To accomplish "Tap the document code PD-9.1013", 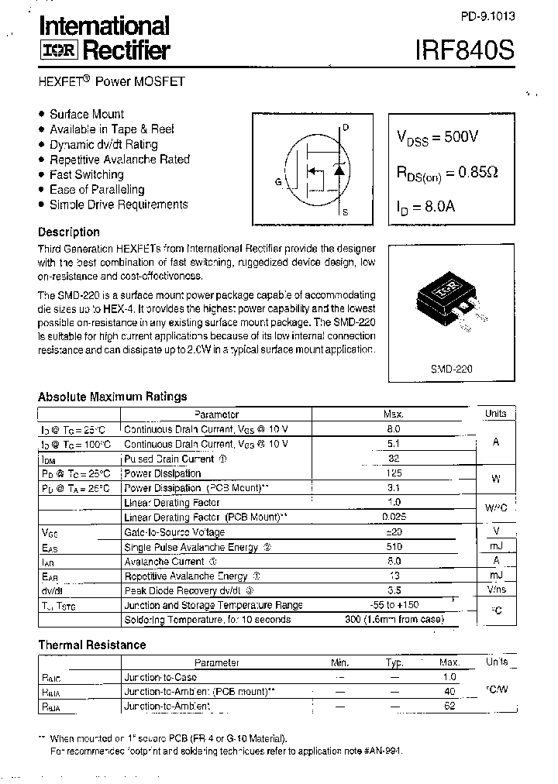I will tap(487, 15).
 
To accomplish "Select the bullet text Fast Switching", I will tap(86, 174).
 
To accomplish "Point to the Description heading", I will tap(69, 232).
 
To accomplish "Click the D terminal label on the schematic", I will tap(346, 126).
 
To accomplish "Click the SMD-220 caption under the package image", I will tap(452, 370).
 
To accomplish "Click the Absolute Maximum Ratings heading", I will tap(112, 397).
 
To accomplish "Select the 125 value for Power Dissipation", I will tap(393, 473).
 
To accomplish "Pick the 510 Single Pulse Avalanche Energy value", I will tap(393, 547).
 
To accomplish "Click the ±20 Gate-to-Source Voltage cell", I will tap(393, 532).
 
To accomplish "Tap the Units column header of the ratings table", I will tap(496, 414).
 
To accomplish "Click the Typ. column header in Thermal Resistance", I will tap(394, 662).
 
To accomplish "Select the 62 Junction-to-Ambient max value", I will tap(449, 707).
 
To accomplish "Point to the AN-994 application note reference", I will tap(384, 751).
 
